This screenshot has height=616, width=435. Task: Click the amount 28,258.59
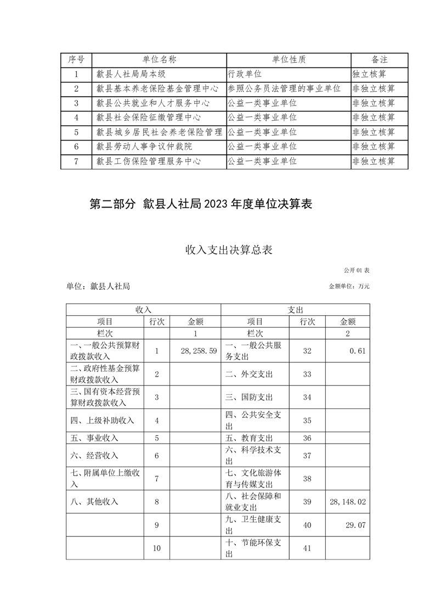[x=195, y=350]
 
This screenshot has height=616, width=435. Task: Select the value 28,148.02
[x=347, y=501]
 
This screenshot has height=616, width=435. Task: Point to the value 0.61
[x=357, y=350]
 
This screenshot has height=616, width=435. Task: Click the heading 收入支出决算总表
[x=217, y=250]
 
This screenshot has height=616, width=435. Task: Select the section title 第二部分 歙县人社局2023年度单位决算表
[x=201, y=204]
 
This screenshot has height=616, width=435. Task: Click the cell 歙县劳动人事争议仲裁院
[x=144, y=147]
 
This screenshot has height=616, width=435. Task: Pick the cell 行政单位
[x=247, y=74]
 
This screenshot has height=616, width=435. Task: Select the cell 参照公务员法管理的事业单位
[x=284, y=88]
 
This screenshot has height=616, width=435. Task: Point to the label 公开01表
[x=357, y=271]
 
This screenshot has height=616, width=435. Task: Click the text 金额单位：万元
[x=349, y=286]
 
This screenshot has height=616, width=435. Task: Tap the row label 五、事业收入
[x=95, y=438]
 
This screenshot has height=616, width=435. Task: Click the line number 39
[x=307, y=501]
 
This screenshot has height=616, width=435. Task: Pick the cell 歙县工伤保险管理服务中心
[x=148, y=161]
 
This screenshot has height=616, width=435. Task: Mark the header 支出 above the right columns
[x=295, y=310]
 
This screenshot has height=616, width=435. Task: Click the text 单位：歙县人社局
[x=98, y=286]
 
